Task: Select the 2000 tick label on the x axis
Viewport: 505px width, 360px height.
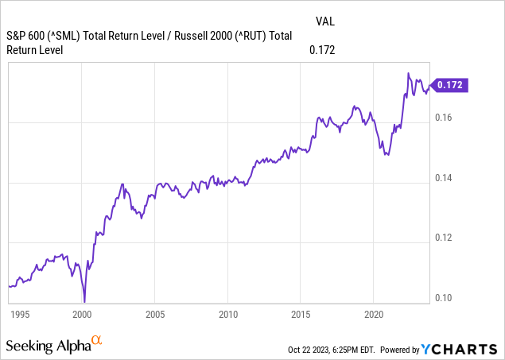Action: point(83,314)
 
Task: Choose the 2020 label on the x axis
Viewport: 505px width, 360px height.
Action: point(374,314)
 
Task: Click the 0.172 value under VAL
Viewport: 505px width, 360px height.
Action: point(322,50)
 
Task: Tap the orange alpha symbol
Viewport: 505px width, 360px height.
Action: point(97,341)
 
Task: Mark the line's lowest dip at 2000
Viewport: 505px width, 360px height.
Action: point(84,302)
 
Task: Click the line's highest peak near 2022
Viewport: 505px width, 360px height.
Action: point(408,73)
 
